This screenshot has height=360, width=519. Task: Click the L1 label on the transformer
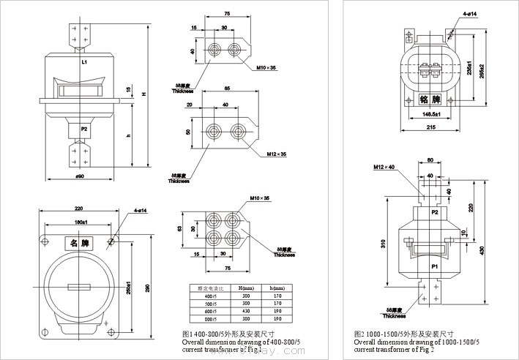[x=85, y=63]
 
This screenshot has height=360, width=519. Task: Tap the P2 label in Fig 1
[x=84, y=129]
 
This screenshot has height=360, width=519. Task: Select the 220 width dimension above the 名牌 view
[x=78, y=208]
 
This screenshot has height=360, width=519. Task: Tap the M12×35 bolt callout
[x=276, y=154]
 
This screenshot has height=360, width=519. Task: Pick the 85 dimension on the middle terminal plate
[x=228, y=89]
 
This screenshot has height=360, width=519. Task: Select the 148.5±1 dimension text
[x=431, y=114]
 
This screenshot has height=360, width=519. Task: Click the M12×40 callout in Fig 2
[x=384, y=168]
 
